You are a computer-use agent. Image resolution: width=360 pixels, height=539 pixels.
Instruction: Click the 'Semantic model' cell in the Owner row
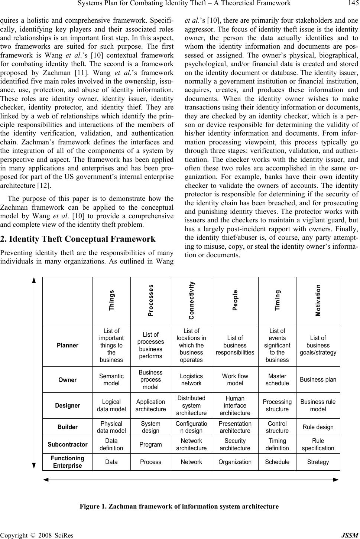point(111,380)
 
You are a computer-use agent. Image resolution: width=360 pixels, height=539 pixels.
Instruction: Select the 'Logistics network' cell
point(191,380)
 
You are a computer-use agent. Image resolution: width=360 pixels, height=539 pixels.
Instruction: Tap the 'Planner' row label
point(68,345)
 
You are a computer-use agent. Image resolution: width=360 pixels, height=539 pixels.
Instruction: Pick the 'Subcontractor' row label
point(68,444)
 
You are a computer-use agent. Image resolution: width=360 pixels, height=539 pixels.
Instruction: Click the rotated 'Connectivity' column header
point(191,300)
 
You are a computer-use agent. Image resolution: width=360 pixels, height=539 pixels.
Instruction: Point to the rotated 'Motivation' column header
point(318,300)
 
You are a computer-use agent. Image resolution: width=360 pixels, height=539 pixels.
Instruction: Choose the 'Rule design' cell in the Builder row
point(318,427)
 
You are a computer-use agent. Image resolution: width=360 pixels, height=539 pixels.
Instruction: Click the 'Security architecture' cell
point(235,444)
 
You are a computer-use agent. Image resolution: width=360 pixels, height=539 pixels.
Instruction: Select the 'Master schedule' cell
point(277,380)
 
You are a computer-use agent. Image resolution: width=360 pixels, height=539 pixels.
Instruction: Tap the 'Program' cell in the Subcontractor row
point(150,444)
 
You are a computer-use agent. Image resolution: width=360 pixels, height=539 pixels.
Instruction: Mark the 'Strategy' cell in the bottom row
point(318,462)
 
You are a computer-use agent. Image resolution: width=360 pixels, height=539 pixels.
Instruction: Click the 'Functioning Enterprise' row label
point(68,462)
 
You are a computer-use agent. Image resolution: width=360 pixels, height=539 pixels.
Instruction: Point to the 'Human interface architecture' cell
point(235,405)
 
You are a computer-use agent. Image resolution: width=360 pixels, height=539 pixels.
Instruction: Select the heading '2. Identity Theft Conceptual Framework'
point(78,239)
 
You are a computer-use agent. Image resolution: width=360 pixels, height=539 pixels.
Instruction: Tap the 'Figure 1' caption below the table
point(179,506)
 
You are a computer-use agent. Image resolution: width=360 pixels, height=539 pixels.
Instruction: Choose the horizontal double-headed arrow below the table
point(191,480)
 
